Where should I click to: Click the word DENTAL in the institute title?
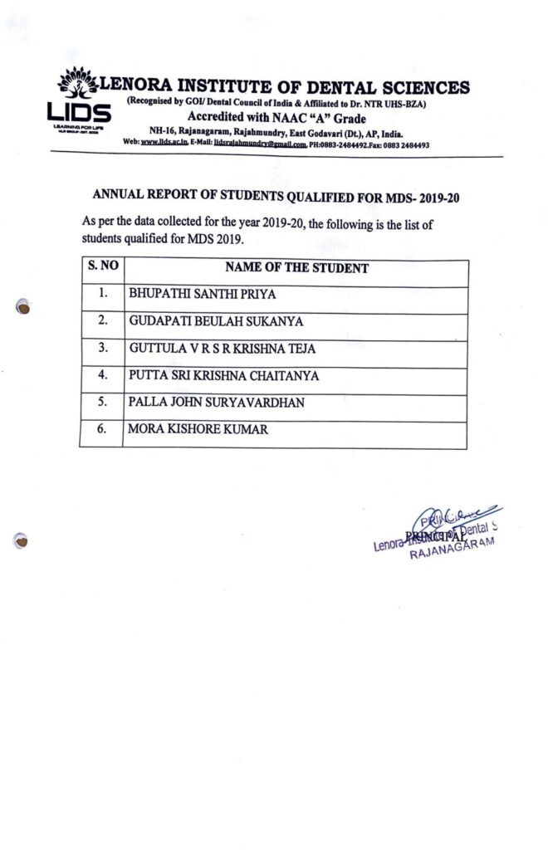tap(340, 86)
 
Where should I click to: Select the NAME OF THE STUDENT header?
tap(296, 269)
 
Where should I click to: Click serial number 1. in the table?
tap(103, 294)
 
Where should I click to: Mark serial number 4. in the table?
tap(103, 375)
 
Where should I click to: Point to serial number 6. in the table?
tap(103, 430)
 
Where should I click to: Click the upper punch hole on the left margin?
tap(26, 308)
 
